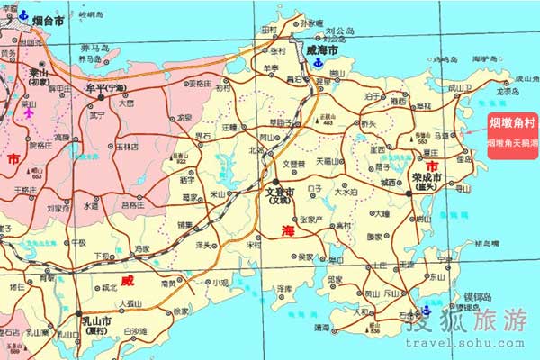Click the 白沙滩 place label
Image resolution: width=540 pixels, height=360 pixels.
[x=135, y=332]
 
